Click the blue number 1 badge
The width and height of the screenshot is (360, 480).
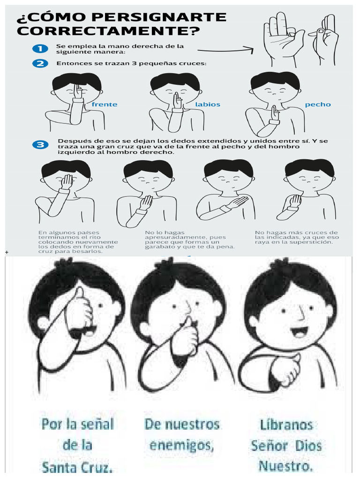click(40, 49)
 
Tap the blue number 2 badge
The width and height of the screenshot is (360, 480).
click(40, 63)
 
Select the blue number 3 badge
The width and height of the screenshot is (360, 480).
click(40, 145)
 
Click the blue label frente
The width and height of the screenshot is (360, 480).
click(105, 105)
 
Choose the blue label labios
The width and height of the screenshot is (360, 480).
click(208, 105)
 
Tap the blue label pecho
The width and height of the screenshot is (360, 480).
click(318, 105)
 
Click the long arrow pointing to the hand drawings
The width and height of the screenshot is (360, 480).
click(225, 49)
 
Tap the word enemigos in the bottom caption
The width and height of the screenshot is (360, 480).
click(182, 444)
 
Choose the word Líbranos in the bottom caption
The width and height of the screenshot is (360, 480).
click(285, 425)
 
